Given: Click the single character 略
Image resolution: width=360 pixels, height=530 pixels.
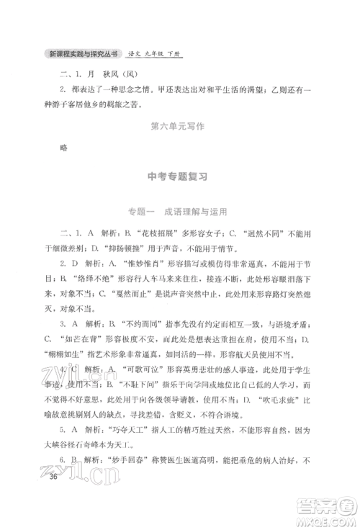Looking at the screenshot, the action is pyautogui.click(x=65, y=150).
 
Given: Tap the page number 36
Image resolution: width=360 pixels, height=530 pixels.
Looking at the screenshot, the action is pyautogui.click(x=55, y=498).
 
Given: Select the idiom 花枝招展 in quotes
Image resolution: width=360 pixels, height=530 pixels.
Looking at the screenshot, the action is pyautogui.click(x=157, y=234).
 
